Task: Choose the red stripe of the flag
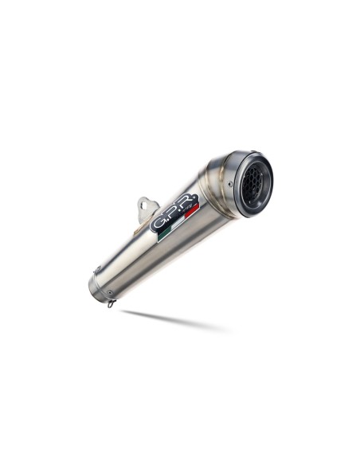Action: (x=190, y=212)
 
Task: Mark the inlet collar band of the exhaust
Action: (x=98, y=283)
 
